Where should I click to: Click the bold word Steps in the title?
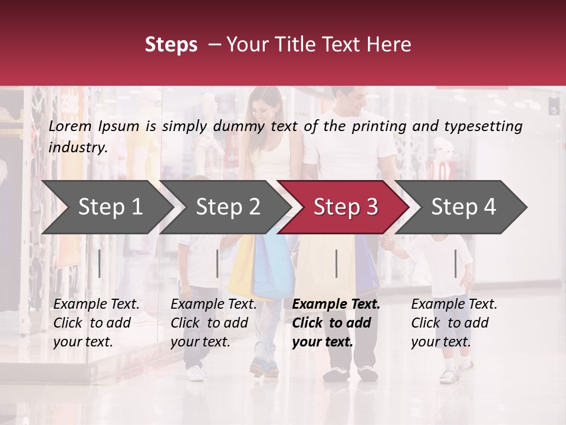click(x=171, y=45)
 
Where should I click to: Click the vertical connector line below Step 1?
click(x=99, y=263)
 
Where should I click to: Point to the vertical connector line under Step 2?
click(x=218, y=263)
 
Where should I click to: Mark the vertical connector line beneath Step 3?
click(x=336, y=263)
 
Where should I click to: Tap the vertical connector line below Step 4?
click(x=455, y=263)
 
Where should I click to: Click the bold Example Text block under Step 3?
click(x=336, y=323)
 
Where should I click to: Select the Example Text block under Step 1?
click(x=96, y=323)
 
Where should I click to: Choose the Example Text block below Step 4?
click(x=454, y=323)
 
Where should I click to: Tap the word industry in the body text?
click(x=77, y=148)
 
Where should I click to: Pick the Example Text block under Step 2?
click(x=213, y=323)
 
